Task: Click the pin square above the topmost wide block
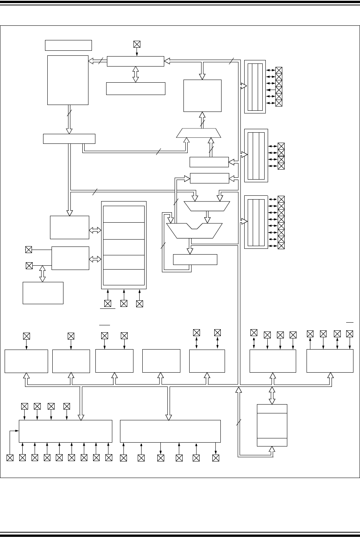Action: pos(137,44)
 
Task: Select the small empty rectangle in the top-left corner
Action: pos(68,45)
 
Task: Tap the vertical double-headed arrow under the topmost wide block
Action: pos(135,74)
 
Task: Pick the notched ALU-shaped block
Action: pos(195,230)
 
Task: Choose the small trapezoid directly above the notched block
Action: pos(207,206)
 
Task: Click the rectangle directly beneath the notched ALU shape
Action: pos(195,260)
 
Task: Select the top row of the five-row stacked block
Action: pos(124,214)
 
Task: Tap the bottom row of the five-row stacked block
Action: pos(124,277)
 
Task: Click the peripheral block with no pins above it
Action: pos(161,361)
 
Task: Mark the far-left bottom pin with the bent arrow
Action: pos(10,458)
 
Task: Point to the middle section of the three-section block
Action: pos(272,425)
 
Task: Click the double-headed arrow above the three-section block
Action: pos(272,395)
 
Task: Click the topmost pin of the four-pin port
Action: pos(281,146)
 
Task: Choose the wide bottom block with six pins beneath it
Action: pos(170,431)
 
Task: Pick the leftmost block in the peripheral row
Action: pos(26,361)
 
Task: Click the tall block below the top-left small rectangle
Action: pos(68,80)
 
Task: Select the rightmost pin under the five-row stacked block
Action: pos(140,303)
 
